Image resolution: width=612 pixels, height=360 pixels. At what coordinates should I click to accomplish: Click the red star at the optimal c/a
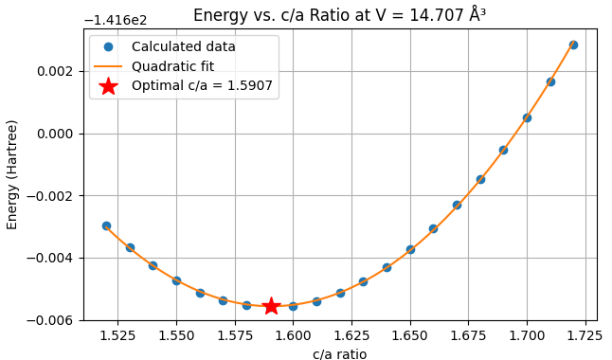[x=271, y=306]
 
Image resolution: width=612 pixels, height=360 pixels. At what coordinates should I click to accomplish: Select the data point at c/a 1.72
[x=573, y=45]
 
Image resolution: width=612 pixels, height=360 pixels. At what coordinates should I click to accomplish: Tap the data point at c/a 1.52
[x=106, y=225]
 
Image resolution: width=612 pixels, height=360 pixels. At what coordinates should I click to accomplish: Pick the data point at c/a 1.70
[x=527, y=117]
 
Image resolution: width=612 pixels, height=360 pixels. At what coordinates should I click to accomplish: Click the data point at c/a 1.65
[x=410, y=249]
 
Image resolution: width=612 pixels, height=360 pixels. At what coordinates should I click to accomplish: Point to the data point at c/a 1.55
[x=176, y=280]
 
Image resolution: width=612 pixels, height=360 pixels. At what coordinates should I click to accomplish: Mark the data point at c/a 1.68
[x=480, y=179]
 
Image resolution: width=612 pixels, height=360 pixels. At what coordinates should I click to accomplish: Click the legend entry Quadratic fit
[x=172, y=66]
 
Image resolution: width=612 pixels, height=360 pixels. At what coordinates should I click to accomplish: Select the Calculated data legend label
[x=183, y=46]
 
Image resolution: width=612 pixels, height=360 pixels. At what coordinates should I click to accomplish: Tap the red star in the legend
[x=108, y=86]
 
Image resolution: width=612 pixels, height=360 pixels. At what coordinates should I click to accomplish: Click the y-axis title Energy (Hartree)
[x=12, y=174]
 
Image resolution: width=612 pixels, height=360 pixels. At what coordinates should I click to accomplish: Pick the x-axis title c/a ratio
[x=339, y=353]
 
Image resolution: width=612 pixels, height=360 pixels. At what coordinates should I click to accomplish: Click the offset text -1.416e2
[x=117, y=20]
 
